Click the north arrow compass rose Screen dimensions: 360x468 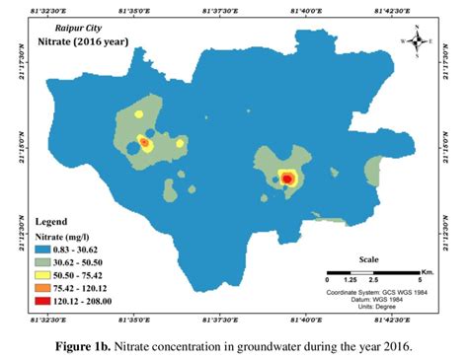click(419, 41)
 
